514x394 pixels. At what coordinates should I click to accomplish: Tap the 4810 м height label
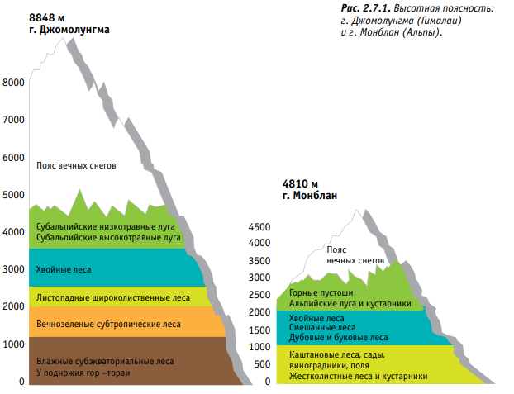299,183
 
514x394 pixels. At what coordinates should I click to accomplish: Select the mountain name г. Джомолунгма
69,29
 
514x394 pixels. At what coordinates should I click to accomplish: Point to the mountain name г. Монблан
310,196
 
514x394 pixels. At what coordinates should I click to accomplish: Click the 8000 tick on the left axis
14,83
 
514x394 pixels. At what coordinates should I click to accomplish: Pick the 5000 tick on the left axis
14,195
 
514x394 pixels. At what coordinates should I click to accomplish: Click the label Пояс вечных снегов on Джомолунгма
76,165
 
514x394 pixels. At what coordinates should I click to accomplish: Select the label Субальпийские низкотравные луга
107,225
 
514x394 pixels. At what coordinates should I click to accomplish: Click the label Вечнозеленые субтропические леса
108,325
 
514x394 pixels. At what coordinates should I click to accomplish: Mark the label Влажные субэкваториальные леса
105,361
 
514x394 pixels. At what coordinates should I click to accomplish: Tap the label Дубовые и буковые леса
338,337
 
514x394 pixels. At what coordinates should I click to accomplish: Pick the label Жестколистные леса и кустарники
358,376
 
